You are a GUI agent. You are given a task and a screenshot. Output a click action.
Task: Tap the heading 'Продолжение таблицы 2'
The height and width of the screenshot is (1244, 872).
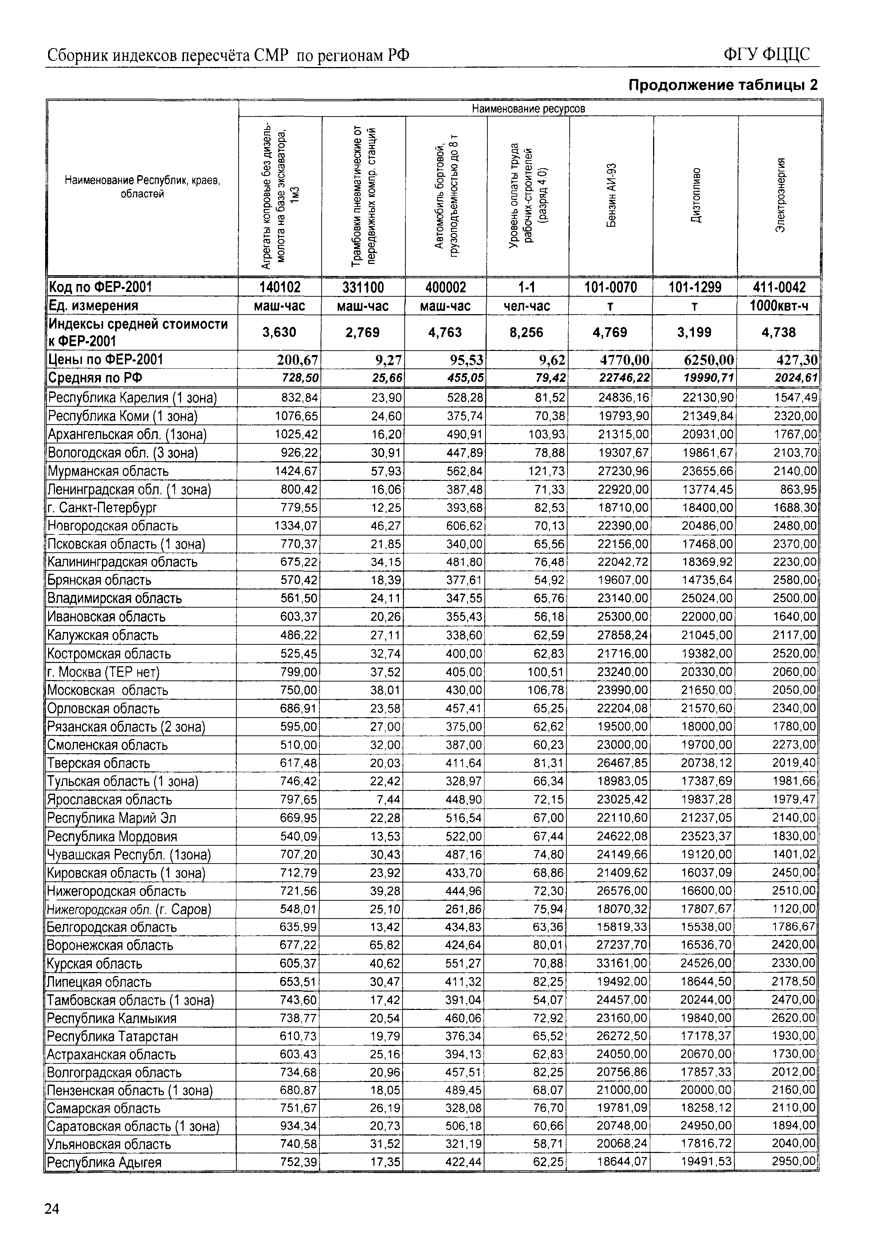(722, 85)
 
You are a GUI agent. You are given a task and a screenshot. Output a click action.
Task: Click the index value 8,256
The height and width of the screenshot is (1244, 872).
(526, 332)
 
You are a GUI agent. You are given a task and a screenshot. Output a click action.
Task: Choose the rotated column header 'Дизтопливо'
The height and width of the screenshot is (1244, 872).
(696, 195)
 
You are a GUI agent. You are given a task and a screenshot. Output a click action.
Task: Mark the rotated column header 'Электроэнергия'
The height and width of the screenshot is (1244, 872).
(780, 195)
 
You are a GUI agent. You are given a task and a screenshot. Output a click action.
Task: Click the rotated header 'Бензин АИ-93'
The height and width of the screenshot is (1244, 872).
(611, 195)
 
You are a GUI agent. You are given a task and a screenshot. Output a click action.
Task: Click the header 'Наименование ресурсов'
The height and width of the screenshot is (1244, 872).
(529, 109)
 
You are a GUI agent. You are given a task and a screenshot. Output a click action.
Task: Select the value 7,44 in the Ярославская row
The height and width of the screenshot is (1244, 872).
(391, 800)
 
